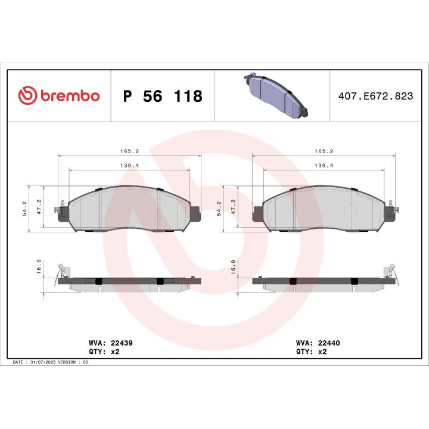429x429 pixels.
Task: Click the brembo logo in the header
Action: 58,95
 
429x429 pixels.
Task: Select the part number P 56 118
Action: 162,96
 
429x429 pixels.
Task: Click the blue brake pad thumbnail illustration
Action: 275,95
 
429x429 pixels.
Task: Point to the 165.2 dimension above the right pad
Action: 324,151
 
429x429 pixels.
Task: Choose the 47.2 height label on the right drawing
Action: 234,207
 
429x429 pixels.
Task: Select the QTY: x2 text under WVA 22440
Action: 312,352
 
